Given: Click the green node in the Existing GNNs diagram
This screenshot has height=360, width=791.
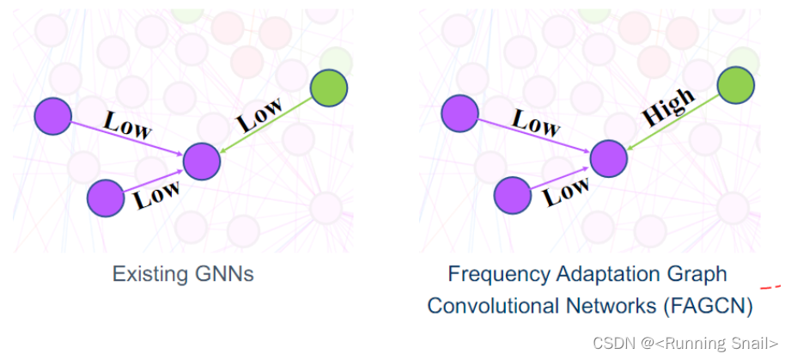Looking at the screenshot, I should [x=328, y=88].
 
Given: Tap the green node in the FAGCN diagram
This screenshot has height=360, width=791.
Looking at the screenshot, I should [x=735, y=84].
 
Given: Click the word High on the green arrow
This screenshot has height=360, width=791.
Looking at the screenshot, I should [x=668, y=108].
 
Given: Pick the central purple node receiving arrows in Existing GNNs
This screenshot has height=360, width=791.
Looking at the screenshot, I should [x=202, y=161].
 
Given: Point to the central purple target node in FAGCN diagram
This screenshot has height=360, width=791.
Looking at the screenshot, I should [x=609, y=158].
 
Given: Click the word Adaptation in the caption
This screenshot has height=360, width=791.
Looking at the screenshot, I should [x=612, y=275].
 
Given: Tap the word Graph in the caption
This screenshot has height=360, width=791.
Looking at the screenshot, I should [x=700, y=275].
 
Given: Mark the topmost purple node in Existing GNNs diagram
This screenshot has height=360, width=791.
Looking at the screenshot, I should [x=52, y=116].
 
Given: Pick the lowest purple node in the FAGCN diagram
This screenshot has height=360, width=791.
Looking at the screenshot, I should [x=512, y=195].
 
